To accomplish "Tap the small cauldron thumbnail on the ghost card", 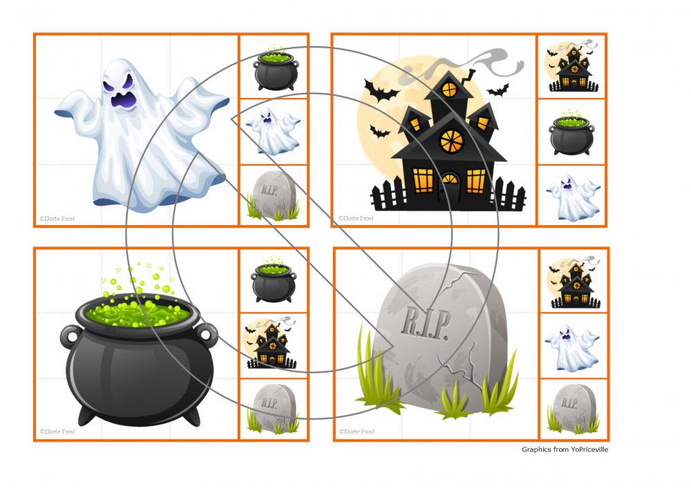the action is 276,68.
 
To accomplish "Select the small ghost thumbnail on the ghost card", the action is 273,132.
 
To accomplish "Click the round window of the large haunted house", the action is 452,141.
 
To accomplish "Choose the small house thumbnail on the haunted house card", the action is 572,66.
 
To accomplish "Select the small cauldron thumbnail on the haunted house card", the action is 571,133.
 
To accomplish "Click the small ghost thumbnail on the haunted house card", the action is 572,197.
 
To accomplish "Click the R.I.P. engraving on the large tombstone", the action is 426,324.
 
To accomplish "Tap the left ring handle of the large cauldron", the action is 70,337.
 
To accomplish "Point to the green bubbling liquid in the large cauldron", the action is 138,311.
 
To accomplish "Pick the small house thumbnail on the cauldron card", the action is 270,344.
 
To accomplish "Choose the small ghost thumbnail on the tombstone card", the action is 571,348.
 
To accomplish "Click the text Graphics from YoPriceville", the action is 565,449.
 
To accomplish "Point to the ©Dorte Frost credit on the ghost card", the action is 57,218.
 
